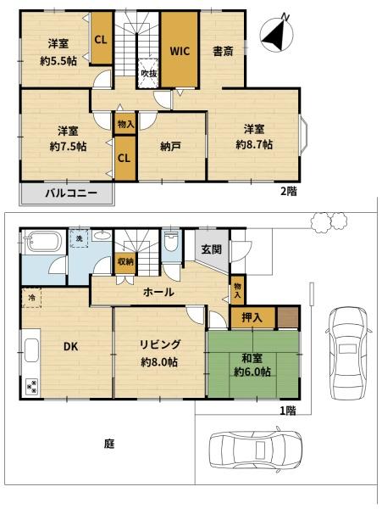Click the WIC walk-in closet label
pos(180,51)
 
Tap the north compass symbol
pos(277,32)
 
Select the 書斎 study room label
pos(223,51)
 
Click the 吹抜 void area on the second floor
pos(148,73)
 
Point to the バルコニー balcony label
pos(71,193)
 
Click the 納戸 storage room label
pos(170,147)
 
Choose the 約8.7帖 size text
pos(254,144)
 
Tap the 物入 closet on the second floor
pos(125,124)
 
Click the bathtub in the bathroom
pos(43,243)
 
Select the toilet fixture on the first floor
pos(170,242)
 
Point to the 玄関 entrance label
pos(212,249)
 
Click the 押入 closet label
pos(252,317)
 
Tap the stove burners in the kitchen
pos(32,387)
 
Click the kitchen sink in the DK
pos(31,350)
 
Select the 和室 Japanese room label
pos(252,359)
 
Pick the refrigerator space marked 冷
pos(31,298)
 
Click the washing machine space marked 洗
pos(79,238)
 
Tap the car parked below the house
pos(256,450)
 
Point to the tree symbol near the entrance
pos(329,222)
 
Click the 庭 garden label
pos(109,444)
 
